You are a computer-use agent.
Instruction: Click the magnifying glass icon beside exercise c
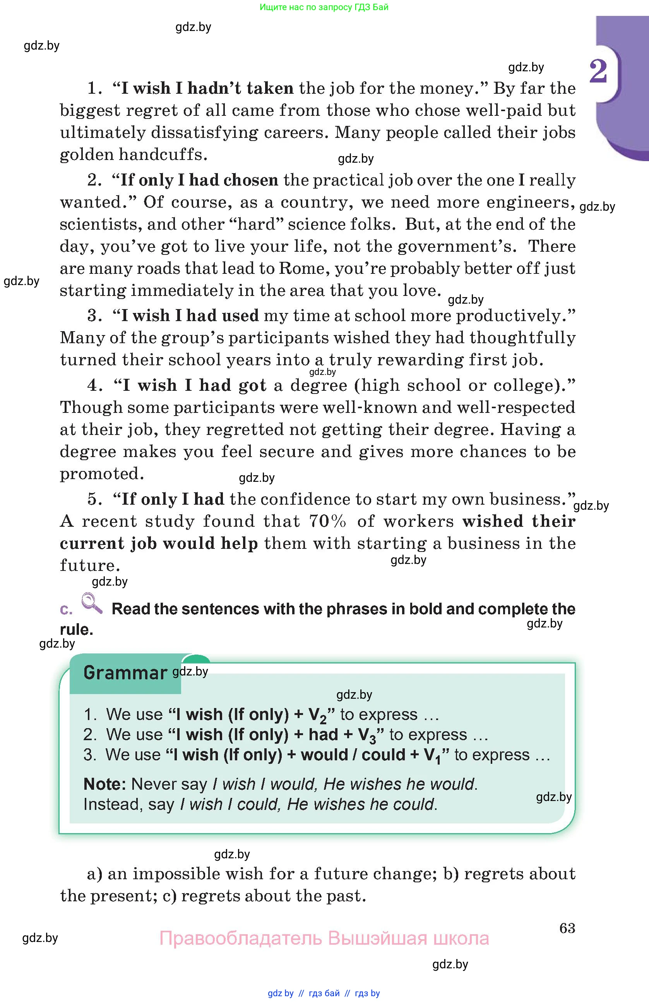point(92,603)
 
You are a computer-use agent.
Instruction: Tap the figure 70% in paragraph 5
point(327,521)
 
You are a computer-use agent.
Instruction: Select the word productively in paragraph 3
point(510,316)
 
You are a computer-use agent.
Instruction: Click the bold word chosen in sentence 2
point(251,180)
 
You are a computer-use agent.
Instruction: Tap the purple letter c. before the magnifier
point(66,609)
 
